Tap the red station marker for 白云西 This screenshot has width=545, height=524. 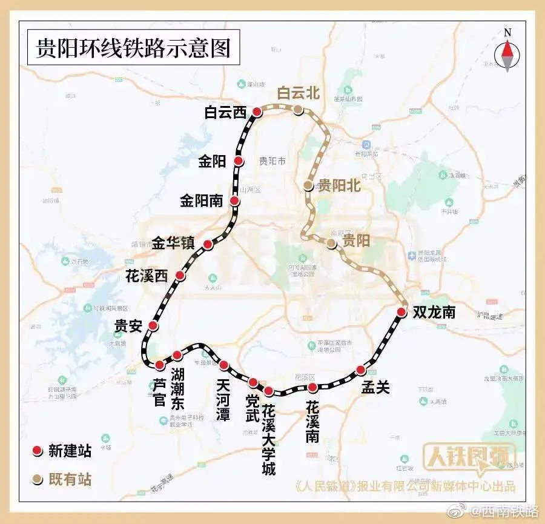(x=257, y=112)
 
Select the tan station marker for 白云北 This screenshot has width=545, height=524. (x=298, y=110)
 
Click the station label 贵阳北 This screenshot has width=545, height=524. (x=339, y=186)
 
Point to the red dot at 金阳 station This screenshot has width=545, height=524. (x=239, y=161)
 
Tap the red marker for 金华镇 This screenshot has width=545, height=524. (x=208, y=245)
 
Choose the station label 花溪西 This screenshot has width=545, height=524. (x=145, y=276)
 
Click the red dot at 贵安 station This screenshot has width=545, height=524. (x=153, y=326)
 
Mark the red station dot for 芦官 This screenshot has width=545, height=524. (x=159, y=365)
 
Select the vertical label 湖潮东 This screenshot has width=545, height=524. (x=177, y=388)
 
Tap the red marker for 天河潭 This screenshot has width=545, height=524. (x=223, y=365)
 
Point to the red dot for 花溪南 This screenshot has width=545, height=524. (x=312, y=388)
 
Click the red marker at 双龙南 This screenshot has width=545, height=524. (x=401, y=313)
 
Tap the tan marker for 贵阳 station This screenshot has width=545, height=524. (x=331, y=244)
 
